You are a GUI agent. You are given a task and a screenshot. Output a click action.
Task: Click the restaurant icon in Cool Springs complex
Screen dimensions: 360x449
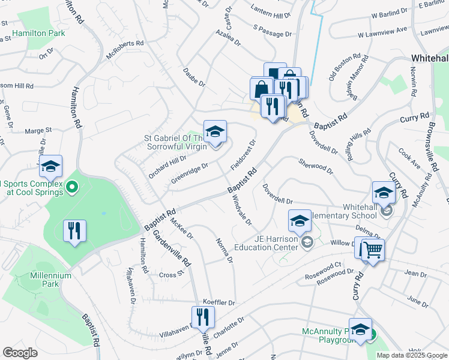pos(74,230)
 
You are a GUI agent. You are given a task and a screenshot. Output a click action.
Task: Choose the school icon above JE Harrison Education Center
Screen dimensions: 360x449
pos(300,221)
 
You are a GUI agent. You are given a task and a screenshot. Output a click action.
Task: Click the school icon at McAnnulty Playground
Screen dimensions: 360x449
pos(360,329)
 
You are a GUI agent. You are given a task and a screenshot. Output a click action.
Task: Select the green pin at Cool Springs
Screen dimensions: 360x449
pos(72,188)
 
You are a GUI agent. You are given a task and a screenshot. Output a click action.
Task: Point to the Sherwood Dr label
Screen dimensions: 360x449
pos(315,166)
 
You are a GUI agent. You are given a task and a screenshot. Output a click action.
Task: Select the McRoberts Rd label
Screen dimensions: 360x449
pos(125,50)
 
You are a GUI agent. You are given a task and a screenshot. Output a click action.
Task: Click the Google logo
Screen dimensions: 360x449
pos(20,353)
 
